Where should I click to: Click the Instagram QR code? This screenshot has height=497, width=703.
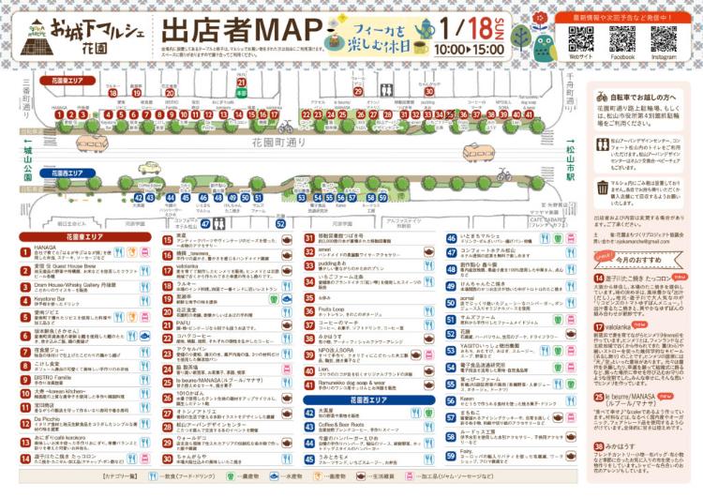(x=664, y=39)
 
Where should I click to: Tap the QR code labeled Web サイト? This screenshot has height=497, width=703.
(x=581, y=39)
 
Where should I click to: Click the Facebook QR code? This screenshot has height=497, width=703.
(x=622, y=39)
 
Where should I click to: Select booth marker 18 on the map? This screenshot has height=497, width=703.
(x=113, y=93)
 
